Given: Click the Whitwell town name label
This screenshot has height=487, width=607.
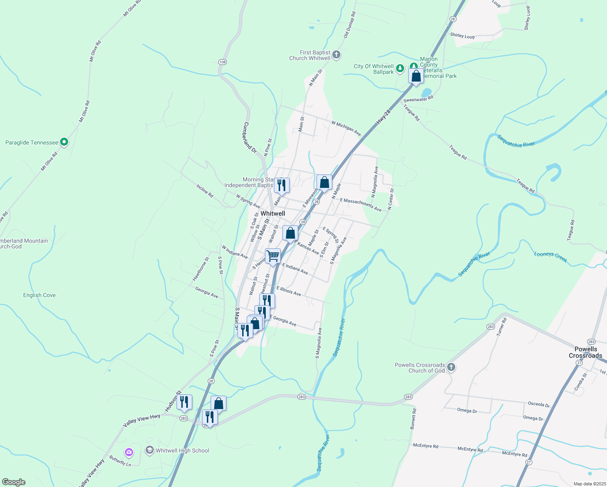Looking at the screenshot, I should [x=273, y=213].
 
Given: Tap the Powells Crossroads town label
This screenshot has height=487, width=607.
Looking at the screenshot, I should [x=585, y=352].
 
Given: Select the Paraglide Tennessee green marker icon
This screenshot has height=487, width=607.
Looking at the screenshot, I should [x=64, y=142].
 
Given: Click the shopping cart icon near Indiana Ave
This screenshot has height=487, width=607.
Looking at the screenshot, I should [x=273, y=256].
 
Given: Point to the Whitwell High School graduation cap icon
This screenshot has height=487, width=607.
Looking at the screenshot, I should [x=149, y=450].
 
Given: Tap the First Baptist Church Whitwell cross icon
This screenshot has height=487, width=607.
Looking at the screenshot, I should [x=336, y=55].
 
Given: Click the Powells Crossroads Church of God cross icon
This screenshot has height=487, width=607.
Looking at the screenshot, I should [x=451, y=367].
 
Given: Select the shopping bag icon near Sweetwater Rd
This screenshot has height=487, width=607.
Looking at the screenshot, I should [x=416, y=76].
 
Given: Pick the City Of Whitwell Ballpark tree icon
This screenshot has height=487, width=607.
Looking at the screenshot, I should [x=400, y=69].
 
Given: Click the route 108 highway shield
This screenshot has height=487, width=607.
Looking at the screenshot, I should [x=222, y=62].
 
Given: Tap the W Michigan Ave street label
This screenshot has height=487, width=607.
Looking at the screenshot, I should [x=346, y=128].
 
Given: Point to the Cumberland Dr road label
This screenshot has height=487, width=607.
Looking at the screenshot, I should [x=250, y=138].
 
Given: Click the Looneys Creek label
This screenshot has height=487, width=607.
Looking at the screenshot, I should [x=550, y=257].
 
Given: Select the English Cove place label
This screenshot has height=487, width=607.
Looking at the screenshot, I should [x=39, y=295].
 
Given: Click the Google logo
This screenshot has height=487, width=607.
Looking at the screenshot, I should [x=13, y=482].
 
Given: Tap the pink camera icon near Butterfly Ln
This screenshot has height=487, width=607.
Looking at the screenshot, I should [x=129, y=452].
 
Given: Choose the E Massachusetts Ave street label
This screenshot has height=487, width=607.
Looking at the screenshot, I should [x=361, y=205].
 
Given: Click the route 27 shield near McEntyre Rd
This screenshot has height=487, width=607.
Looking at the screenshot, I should [x=528, y=462].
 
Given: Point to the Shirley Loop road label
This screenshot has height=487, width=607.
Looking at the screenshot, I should [x=462, y=36].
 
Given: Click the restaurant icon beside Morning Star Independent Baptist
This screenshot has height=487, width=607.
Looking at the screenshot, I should [x=282, y=185].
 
